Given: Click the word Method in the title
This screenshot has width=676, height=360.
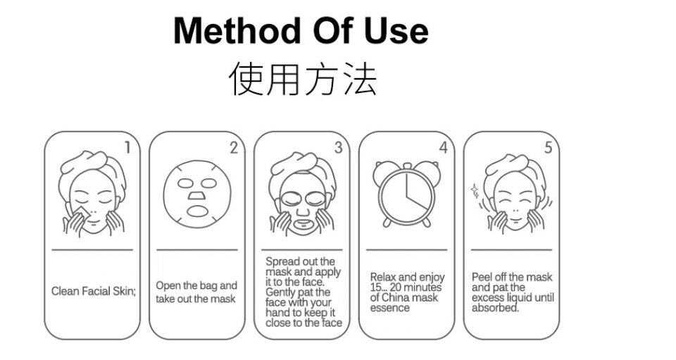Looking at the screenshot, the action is [x=237, y=30].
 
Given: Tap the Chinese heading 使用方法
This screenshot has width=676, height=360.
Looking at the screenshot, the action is [x=303, y=78].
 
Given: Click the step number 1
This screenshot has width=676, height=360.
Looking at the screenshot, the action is [x=127, y=147].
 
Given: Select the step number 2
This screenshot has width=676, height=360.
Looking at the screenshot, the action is [x=233, y=147].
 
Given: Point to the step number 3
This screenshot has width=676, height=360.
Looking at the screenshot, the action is [x=339, y=147].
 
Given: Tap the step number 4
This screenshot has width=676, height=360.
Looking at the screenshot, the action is [x=443, y=147].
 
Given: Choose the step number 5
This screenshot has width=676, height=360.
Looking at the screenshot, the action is [x=548, y=147].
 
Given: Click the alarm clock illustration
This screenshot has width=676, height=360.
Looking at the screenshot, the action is [x=406, y=194].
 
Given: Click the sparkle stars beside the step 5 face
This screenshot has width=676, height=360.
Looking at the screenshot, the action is [x=475, y=190].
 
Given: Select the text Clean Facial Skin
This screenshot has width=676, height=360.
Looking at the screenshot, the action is [x=93, y=292].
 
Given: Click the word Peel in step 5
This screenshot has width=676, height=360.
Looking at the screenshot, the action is [x=482, y=277].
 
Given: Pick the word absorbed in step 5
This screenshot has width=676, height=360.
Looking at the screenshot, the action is [x=495, y=308].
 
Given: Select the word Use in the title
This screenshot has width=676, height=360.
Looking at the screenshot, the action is [x=396, y=30].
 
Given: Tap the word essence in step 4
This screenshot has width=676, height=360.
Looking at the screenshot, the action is [x=389, y=308].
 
